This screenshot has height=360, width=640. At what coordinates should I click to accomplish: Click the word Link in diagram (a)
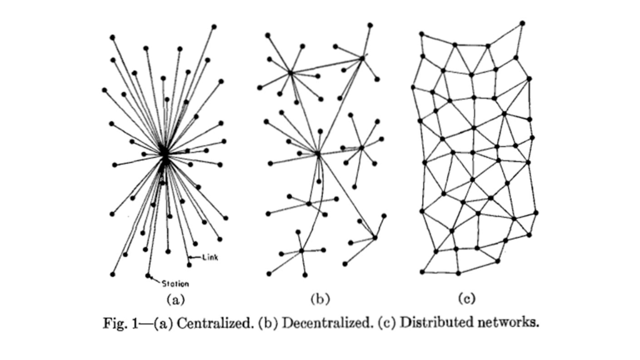click(x=210, y=257)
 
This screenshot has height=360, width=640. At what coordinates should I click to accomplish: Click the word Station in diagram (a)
click(x=175, y=284)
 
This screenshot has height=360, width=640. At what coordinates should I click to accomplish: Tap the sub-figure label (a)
click(x=176, y=300)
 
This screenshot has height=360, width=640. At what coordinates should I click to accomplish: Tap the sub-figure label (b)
click(x=320, y=299)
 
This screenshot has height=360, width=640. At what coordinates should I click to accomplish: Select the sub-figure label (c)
click(x=466, y=299)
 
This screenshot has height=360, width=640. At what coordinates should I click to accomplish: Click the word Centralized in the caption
click(x=215, y=323)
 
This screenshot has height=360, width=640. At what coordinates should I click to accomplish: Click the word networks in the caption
click(x=508, y=322)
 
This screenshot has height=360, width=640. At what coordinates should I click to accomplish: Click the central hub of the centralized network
click(x=164, y=156)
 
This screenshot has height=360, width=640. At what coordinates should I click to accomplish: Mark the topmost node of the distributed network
click(x=522, y=23)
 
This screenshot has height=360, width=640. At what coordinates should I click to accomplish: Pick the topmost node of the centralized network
click(x=214, y=27)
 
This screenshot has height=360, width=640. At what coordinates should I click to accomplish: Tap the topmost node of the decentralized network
click(x=370, y=25)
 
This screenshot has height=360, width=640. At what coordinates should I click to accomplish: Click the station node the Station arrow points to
click(x=147, y=276)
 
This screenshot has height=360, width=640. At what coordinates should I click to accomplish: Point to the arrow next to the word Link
click(x=196, y=257)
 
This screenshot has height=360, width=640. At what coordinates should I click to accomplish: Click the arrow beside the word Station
click(x=155, y=279)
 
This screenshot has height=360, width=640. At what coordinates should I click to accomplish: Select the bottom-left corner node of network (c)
click(x=422, y=272)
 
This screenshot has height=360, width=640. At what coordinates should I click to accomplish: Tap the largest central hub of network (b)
click(x=318, y=154)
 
